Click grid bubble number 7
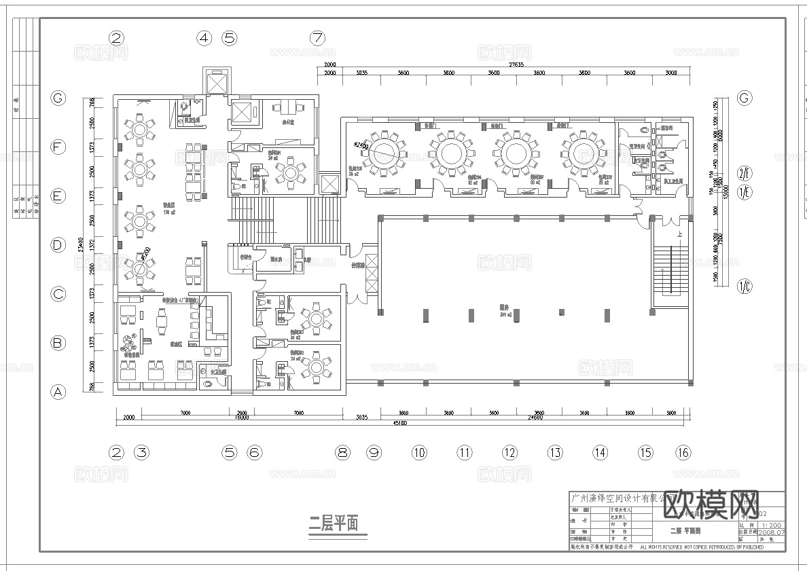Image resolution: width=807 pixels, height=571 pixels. click(317, 38)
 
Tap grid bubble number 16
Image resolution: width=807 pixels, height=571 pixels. click(683, 452)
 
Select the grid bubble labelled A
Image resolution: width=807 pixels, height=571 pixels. click(58, 392)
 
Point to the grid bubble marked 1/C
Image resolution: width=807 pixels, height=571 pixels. click(745, 286)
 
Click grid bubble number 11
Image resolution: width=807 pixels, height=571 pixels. click(464, 452)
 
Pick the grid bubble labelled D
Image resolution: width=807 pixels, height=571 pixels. click(58, 245)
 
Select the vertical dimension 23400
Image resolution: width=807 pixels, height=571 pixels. click(81, 244)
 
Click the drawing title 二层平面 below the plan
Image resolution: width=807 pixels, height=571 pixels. click(334, 523)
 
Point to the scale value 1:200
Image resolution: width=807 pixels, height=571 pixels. click(772, 525)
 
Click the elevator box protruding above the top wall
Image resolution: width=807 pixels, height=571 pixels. click(216, 81)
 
